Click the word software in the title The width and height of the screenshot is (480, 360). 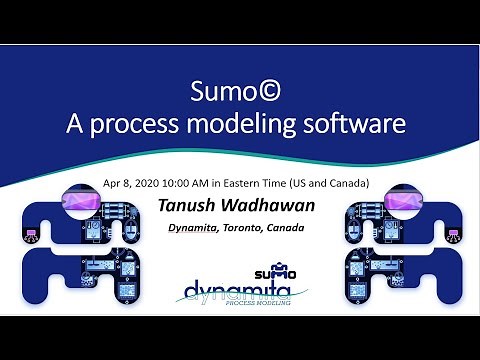345,125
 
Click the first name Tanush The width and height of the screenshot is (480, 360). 188,206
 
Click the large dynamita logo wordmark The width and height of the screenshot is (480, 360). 237,291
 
